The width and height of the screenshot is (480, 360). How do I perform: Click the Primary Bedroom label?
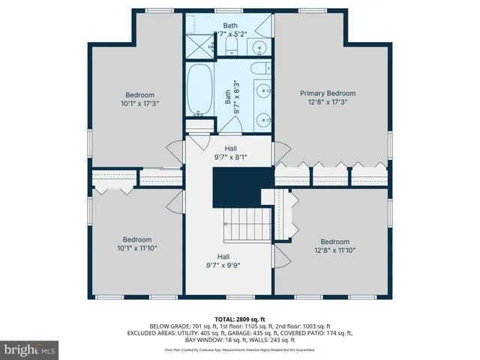(x=328, y=94)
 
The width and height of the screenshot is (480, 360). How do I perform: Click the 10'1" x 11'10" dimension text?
(x=138, y=248)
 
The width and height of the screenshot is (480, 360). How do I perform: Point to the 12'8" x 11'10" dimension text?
(x=335, y=250)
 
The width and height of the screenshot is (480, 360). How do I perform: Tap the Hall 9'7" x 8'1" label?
(x=230, y=154)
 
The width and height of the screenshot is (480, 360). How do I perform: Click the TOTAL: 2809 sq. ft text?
(x=240, y=318)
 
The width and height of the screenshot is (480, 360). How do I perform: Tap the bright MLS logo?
(x=30, y=349)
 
